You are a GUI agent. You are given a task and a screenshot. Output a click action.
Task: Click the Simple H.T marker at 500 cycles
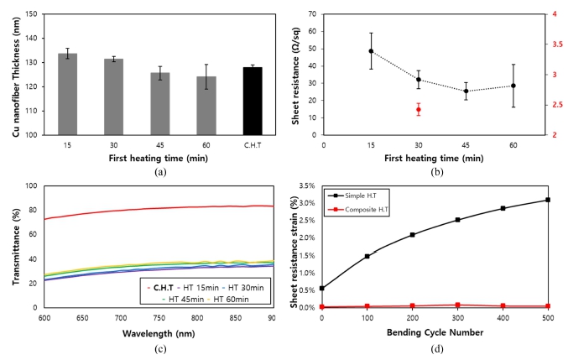pyautogui.click(x=548, y=200)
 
